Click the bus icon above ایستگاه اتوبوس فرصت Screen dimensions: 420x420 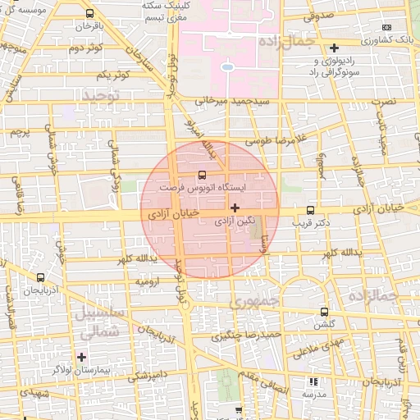[203, 175]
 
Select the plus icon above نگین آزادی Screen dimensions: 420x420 [235, 208]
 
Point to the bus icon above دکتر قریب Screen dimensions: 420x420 [310, 210]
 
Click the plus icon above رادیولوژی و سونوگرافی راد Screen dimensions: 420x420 [335, 48]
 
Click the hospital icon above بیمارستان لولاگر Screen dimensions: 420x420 [81, 357]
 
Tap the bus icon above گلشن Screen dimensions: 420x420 [325, 312]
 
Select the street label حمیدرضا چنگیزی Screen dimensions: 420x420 [247, 335]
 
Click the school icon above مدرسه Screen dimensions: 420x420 [313, 381]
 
